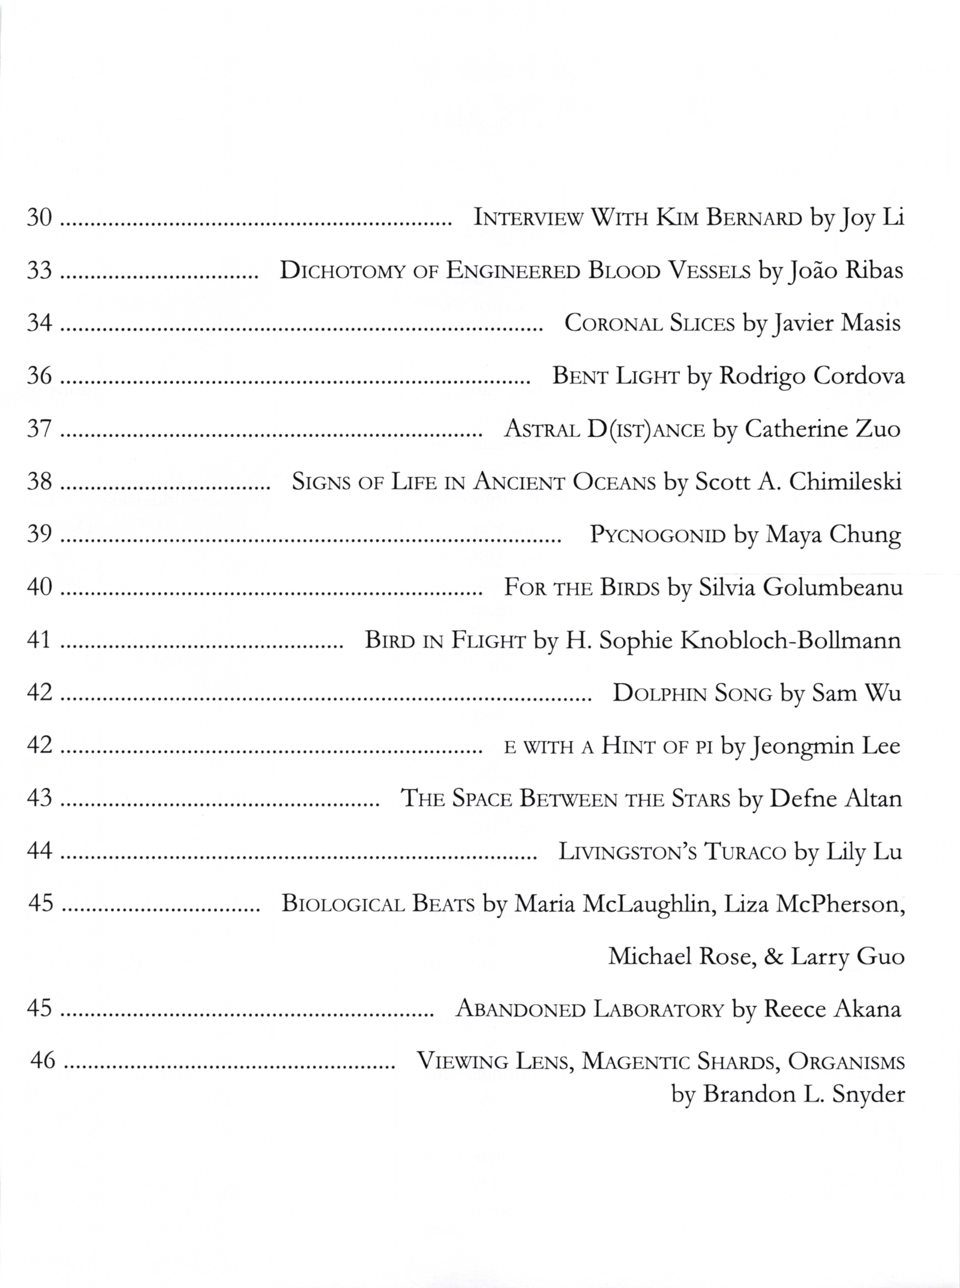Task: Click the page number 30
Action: pyautogui.click(x=40, y=217)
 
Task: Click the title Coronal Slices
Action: pyautogui.click(x=649, y=324)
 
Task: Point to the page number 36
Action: pyautogui.click(x=40, y=376)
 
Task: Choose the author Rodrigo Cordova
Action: pyautogui.click(x=811, y=376)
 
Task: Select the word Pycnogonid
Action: pyautogui.click(x=658, y=534)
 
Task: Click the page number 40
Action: pyautogui.click(x=40, y=586)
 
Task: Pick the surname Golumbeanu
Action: pyautogui.click(x=833, y=587)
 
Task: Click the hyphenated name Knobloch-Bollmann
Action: pyautogui.click(x=791, y=640)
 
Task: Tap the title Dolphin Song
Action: pyautogui.click(x=692, y=694)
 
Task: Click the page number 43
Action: pyautogui.click(x=40, y=799)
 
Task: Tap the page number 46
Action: pyautogui.click(x=43, y=1061)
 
